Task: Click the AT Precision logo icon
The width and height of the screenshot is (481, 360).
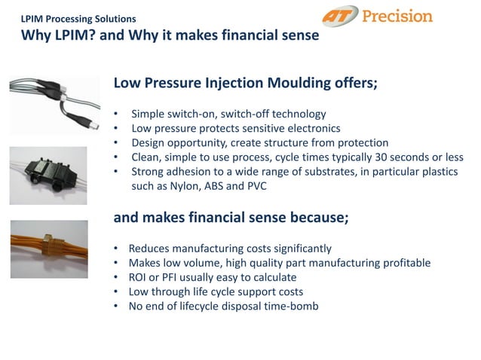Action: point(342,17)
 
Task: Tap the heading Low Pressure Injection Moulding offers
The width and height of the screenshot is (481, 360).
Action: point(245,83)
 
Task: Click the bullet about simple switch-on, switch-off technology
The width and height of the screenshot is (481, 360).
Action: point(228,114)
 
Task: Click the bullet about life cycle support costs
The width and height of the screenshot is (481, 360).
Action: point(216,291)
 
